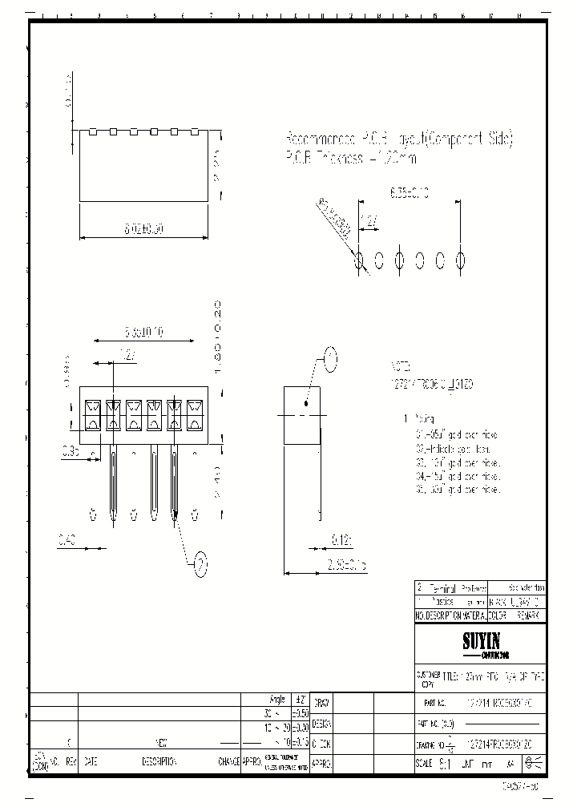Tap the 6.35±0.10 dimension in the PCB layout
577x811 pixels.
click(409, 193)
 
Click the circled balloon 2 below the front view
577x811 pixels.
click(201, 564)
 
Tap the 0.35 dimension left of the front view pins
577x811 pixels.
click(71, 453)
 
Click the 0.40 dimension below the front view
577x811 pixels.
click(68, 541)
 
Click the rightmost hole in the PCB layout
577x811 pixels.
click(461, 260)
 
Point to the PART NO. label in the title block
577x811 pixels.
click(435, 703)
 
